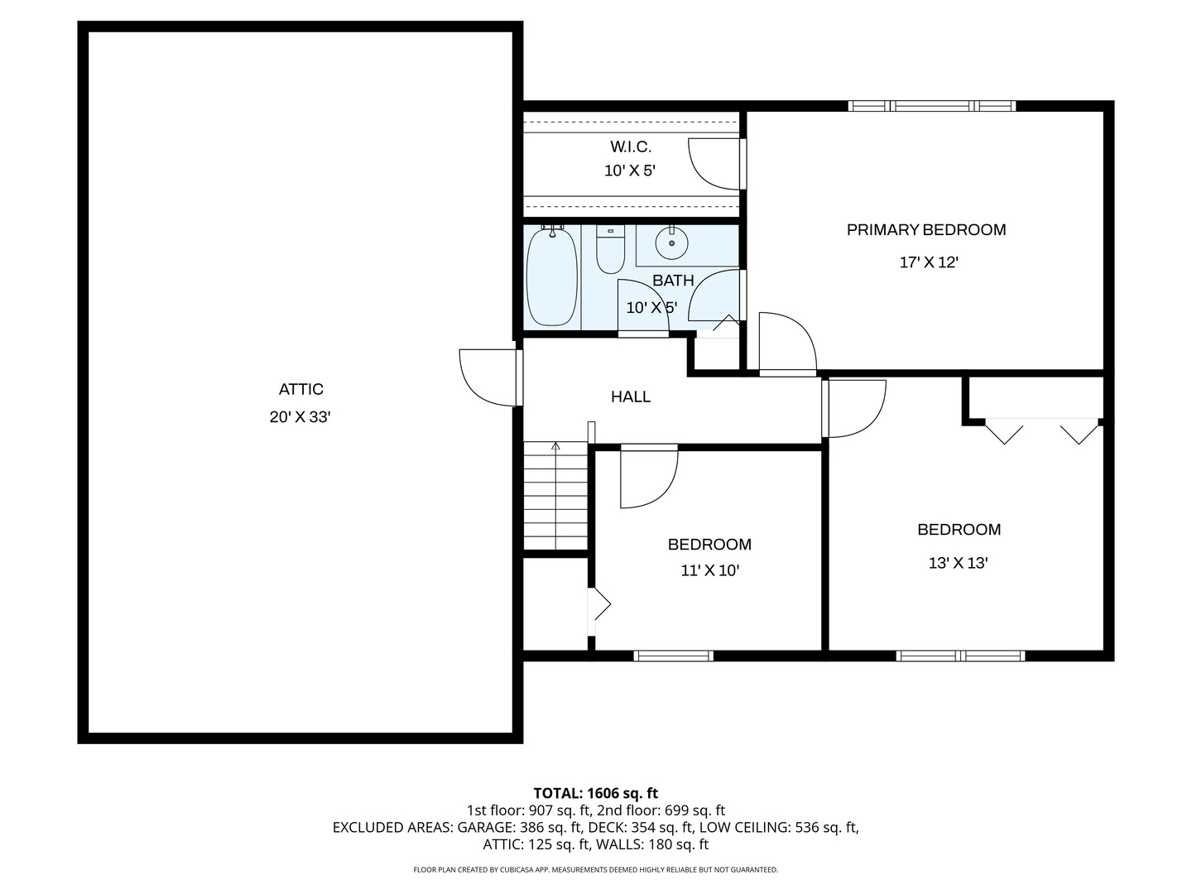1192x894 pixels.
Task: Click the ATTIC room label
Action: click(x=300, y=389)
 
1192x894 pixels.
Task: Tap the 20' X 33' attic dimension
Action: click(x=300, y=417)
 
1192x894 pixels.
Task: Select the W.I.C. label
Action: click(x=631, y=147)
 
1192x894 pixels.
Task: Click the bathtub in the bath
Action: click(x=552, y=276)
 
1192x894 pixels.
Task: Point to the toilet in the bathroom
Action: click(x=610, y=249)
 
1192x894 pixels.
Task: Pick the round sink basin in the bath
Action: click(x=672, y=243)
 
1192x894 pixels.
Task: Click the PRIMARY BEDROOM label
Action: click(x=926, y=229)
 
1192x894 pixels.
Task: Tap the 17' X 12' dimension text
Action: click(x=929, y=262)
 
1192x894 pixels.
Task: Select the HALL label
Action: click(x=631, y=397)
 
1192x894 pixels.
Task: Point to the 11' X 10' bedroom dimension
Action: click(x=709, y=570)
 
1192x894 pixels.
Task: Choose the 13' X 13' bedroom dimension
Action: click(x=958, y=563)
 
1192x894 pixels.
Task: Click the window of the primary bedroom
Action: click(x=932, y=106)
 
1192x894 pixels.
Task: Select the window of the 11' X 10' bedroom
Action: click(x=673, y=656)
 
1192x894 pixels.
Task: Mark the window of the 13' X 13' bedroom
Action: click(x=961, y=656)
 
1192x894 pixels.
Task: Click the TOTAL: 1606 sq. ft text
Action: click(x=596, y=794)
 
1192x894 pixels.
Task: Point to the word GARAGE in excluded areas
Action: click(x=486, y=828)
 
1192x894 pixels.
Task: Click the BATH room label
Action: click(x=673, y=281)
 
